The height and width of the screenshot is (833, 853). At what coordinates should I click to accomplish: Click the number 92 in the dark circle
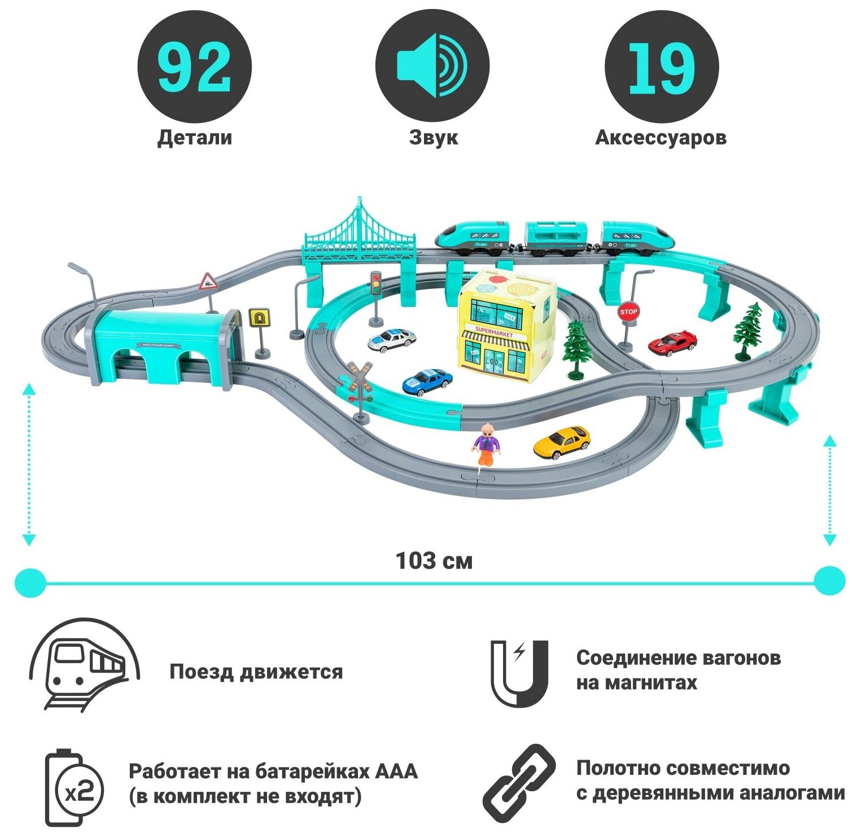click(194, 68)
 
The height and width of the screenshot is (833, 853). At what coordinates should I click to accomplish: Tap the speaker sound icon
click(432, 66)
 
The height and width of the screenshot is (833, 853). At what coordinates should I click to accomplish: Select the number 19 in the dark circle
click(661, 68)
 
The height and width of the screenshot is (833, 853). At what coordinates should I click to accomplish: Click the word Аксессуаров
click(660, 138)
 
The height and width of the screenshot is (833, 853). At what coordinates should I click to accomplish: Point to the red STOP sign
click(628, 312)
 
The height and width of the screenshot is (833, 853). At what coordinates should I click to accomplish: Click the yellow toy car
click(562, 442)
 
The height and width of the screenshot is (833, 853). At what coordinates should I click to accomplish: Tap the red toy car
click(672, 343)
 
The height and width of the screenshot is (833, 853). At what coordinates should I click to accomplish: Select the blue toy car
click(427, 382)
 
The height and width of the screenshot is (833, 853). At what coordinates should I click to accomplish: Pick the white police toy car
click(392, 339)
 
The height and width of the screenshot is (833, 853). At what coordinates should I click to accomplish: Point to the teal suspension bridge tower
click(359, 226)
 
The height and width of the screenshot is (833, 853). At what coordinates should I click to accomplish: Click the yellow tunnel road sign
click(259, 318)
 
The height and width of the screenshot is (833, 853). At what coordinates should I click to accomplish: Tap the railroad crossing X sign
click(360, 376)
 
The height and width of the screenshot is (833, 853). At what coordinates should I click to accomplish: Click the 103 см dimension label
click(434, 560)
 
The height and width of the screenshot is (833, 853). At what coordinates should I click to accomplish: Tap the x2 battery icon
click(73, 788)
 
